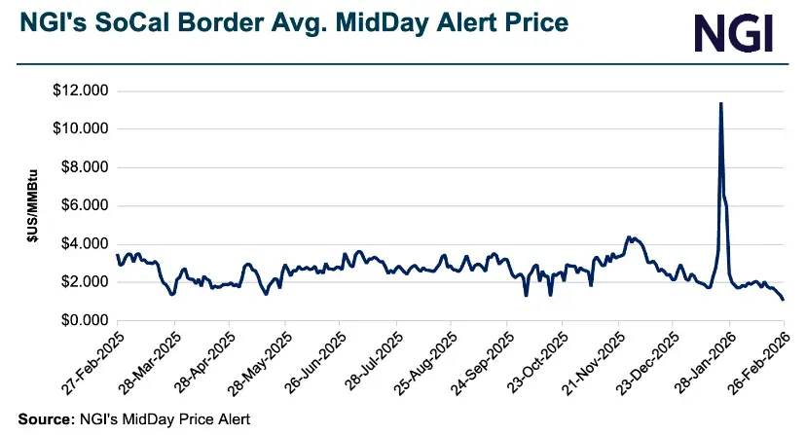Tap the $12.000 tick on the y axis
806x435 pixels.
[82, 91]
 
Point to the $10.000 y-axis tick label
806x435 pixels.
[82, 129]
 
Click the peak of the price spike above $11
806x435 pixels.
[720, 103]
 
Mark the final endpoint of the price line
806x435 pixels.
[783, 300]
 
